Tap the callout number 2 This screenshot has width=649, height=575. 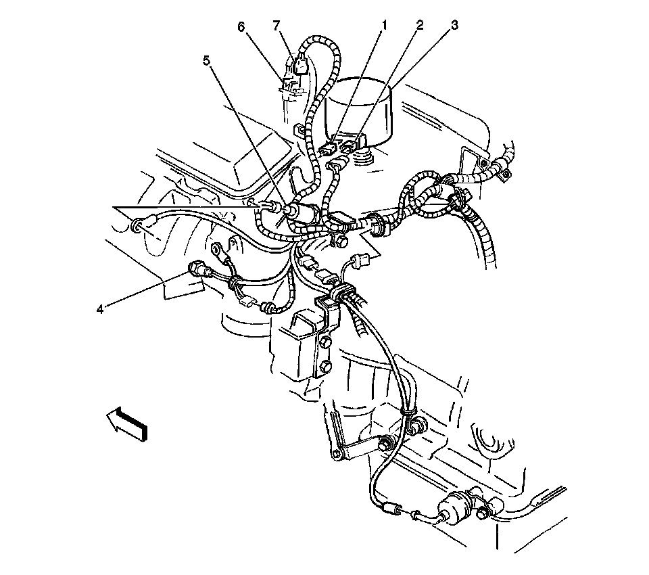tap(420, 26)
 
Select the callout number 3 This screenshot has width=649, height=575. tap(454, 26)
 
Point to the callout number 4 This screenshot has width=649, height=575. tap(100, 309)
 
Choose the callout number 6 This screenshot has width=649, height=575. tap(240, 26)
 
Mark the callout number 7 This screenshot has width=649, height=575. tap(276, 26)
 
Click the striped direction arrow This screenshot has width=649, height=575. tap(126, 423)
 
